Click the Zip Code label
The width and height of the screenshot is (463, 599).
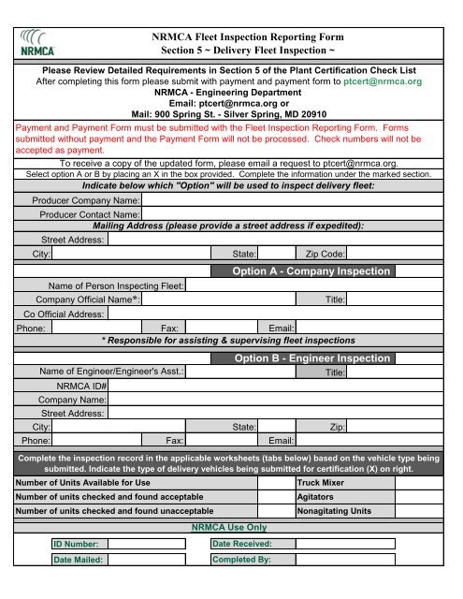[x=325, y=254]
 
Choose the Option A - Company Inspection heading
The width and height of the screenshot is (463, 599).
[x=311, y=271]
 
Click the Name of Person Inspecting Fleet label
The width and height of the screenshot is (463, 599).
[x=115, y=285]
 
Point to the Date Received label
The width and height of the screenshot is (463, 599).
[x=242, y=544]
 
